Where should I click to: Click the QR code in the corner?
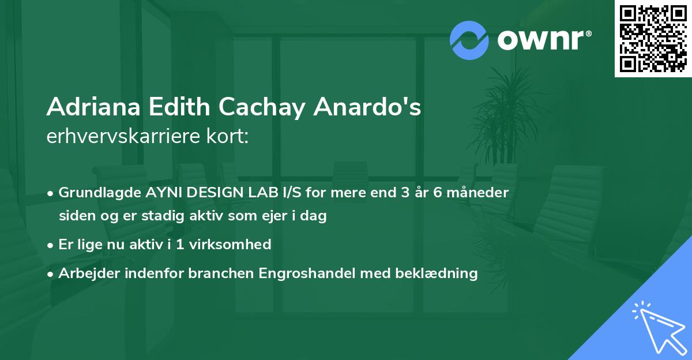coord(652,38)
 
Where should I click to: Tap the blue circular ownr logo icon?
coord(469,40)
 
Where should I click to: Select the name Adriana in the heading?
coord(93,108)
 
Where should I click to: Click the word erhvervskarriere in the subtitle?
coord(118,137)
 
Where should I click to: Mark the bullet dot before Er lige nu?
coord(51,245)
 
